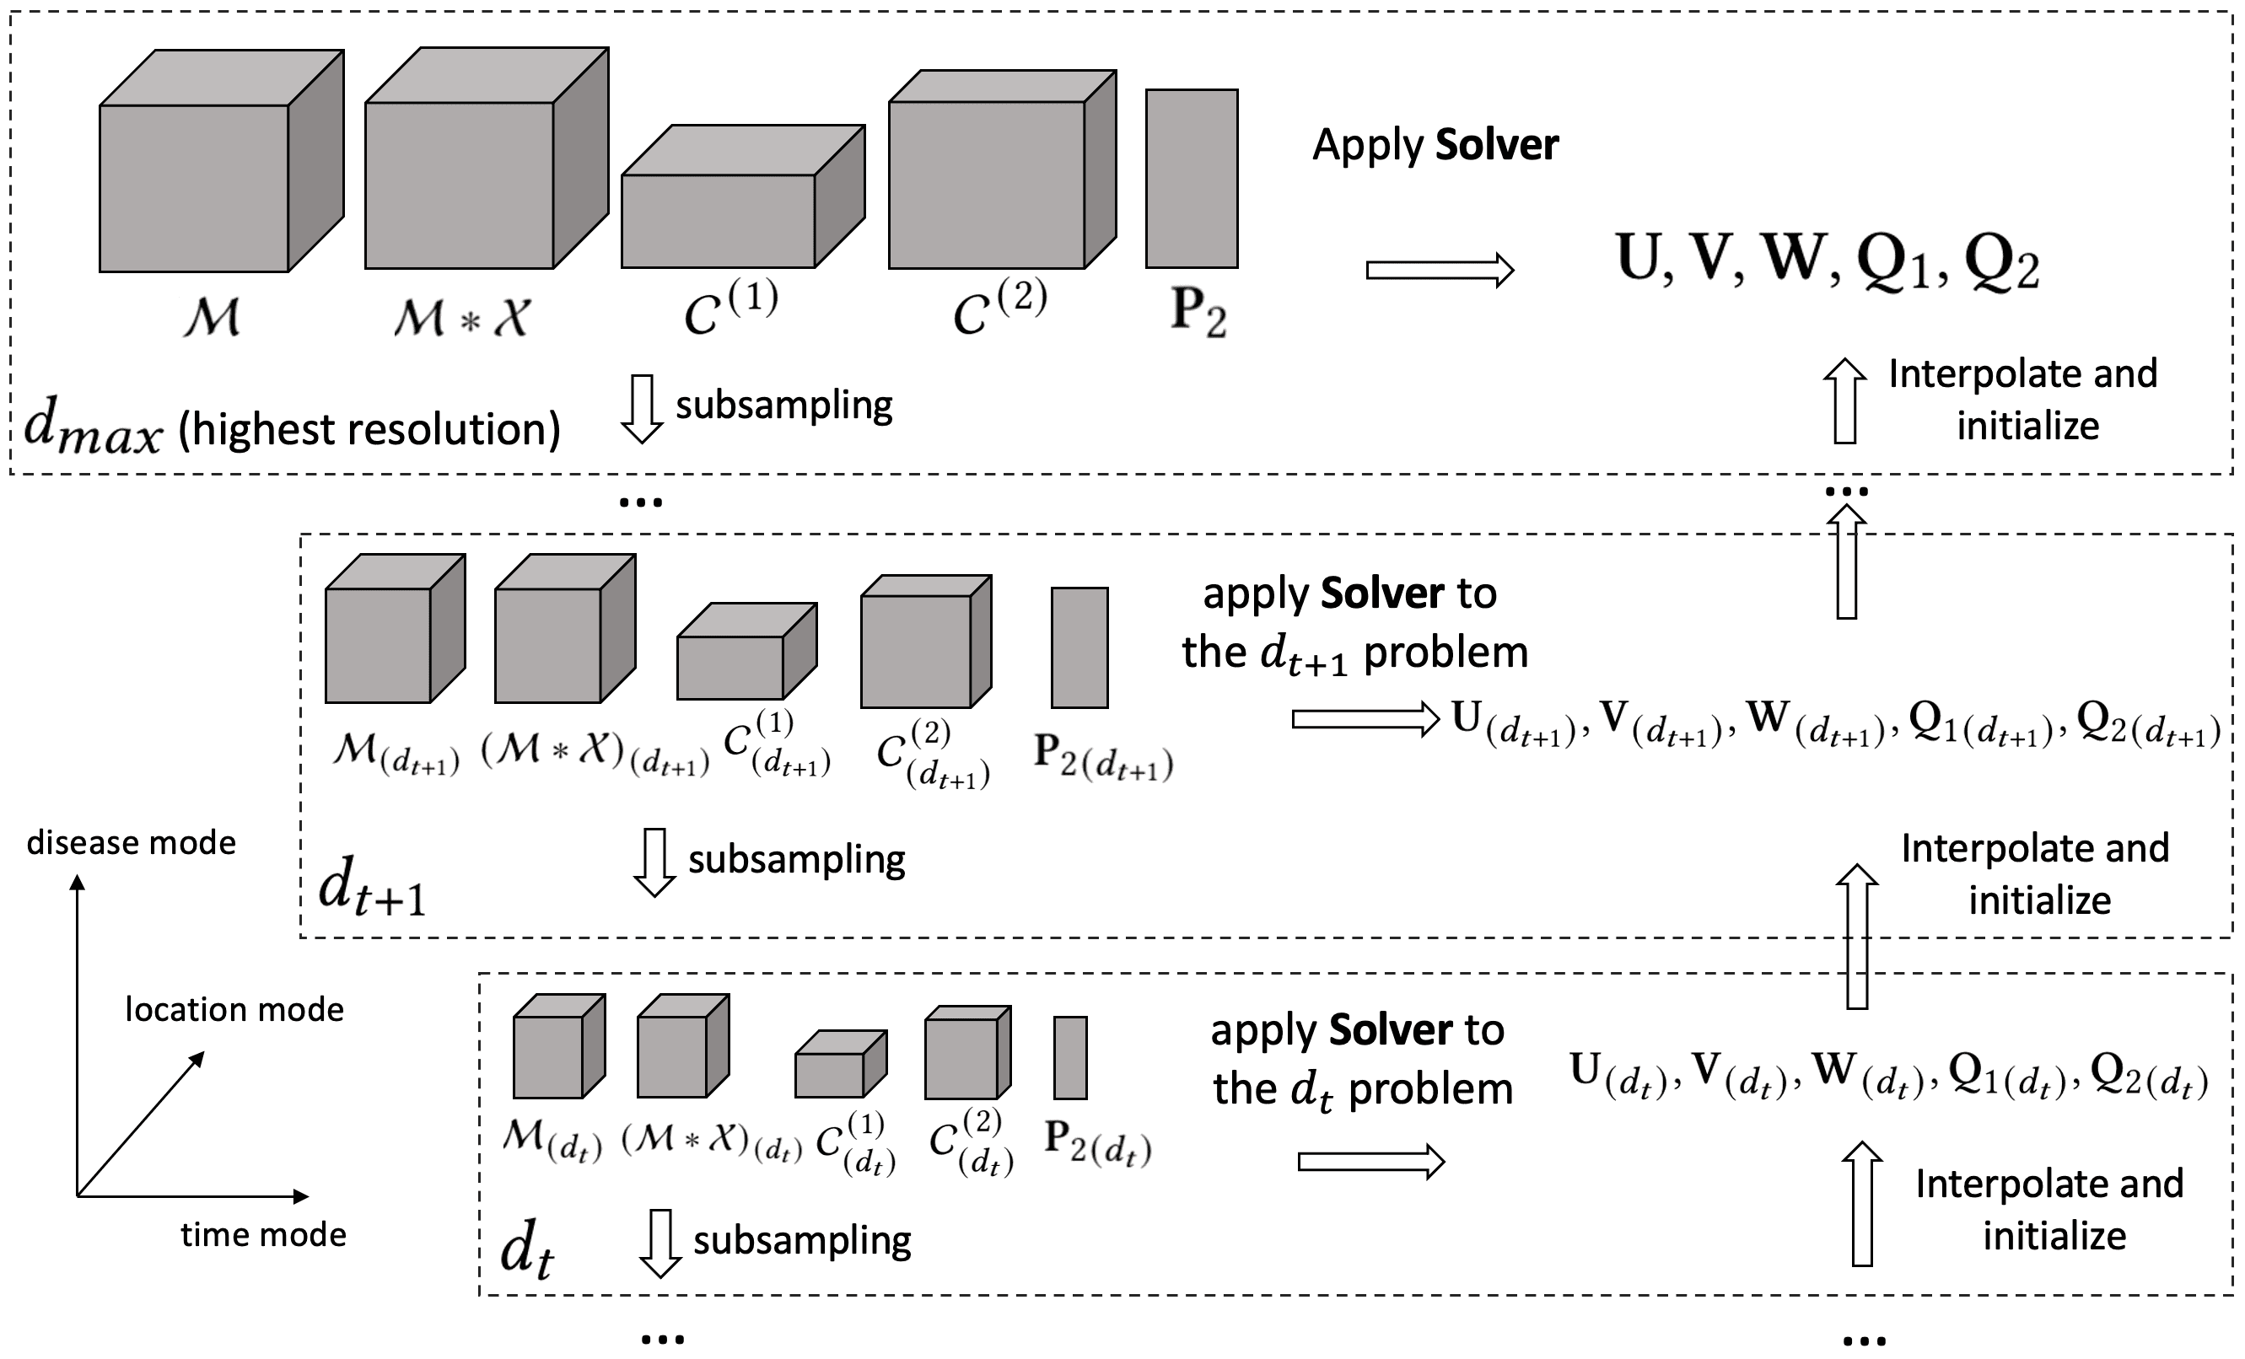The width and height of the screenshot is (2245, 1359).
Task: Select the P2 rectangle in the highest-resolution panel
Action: point(1191,179)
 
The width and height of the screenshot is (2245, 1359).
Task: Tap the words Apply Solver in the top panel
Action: point(1435,145)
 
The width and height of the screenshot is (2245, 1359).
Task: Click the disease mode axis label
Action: point(132,843)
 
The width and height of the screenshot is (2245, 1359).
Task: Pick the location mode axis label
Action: point(234,1010)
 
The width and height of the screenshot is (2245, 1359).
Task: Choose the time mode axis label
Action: point(263,1235)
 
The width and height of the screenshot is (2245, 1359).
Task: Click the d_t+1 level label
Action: point(372,887)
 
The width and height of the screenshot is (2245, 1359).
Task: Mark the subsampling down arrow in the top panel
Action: point(642,409)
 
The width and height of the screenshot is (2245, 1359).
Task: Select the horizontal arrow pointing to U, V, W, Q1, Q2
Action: point(1440,271)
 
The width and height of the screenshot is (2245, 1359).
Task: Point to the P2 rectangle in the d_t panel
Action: point(1070,1057)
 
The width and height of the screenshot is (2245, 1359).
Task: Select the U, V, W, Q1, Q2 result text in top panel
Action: point(1827,261)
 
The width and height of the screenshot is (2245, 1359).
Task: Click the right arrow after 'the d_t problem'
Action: point(1371,1162)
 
